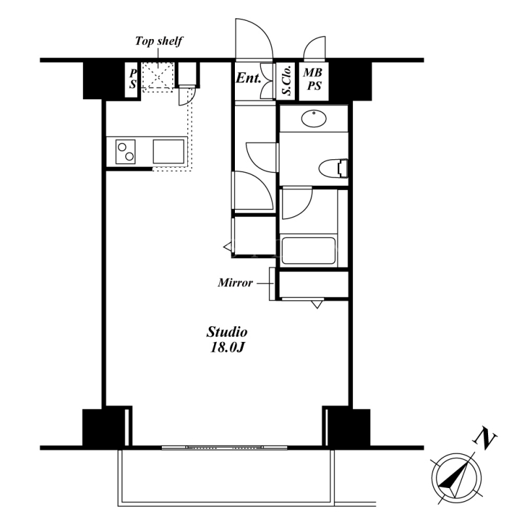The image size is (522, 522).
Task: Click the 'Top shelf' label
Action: click(x=159, y=41)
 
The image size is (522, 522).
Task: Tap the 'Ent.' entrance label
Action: click(x=248, y=78)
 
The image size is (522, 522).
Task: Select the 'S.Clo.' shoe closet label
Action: click(x=286, y=80)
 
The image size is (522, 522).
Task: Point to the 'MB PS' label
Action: click(x=313, y=79)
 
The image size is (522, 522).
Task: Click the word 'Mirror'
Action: click(x=236, y=283)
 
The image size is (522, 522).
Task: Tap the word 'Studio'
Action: click(x=227, y=332)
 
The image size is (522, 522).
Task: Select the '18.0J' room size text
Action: click(x=228, y=347)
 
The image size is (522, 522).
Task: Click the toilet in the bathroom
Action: click(x=333, y=168)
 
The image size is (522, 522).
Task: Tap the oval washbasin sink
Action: click(x=314, y=119)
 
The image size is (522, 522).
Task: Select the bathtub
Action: click(x=308, y=251)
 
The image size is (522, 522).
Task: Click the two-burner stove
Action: click(x=125, y=152)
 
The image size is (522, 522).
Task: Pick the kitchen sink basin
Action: click(x=168, y=151)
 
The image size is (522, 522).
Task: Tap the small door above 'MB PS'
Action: click(x=315, y=47)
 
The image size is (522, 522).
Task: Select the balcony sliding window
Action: click(x=224, y=448)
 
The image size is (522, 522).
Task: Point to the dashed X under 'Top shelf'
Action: click(x=158, y=77)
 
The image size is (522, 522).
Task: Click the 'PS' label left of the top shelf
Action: click(x=132, y=79)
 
